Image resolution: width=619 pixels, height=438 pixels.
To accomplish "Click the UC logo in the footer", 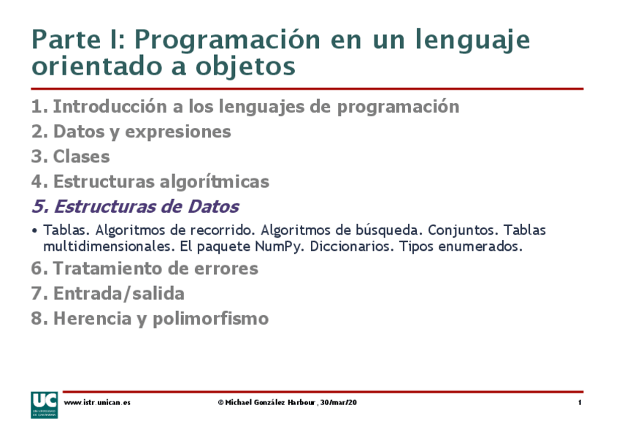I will click(x=44, y=404).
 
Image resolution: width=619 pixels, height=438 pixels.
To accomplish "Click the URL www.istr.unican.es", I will click(x=97, y=403).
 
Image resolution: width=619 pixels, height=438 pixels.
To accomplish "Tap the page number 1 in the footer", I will click(x=580, y=403).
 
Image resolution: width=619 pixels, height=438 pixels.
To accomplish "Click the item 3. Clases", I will click(x=70, y=156).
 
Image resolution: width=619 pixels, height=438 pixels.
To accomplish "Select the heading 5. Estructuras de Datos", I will click(x=135, y=206).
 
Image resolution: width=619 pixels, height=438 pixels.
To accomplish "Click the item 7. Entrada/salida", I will click(x=107, y=294).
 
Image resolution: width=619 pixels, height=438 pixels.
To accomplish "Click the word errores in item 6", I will click(x=226, y=268).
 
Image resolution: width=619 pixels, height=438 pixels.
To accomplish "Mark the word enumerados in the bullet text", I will click(x=481, y=246).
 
